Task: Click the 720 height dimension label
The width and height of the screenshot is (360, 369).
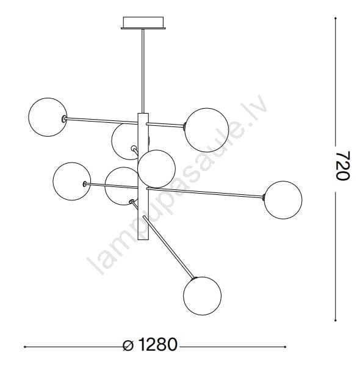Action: click(x=342, y=166)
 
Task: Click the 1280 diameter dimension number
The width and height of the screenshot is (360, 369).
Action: click(x=157, y=345)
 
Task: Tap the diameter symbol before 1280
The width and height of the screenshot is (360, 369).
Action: click(x=128, y=346)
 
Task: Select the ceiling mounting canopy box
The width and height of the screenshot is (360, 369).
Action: click(x=143, y=23)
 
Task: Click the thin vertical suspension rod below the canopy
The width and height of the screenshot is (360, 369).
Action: click(x=143, y=71)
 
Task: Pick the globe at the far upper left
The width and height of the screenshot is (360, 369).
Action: click(x=48, y=117)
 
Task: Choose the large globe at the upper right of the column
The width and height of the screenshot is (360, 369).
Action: click(x=207, y=130)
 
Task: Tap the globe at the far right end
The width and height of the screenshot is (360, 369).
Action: click(x=283, y=200)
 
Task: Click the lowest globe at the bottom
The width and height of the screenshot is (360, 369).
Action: click(x=203, y=296)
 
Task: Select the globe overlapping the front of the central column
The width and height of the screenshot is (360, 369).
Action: click(x=156, y=169)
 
